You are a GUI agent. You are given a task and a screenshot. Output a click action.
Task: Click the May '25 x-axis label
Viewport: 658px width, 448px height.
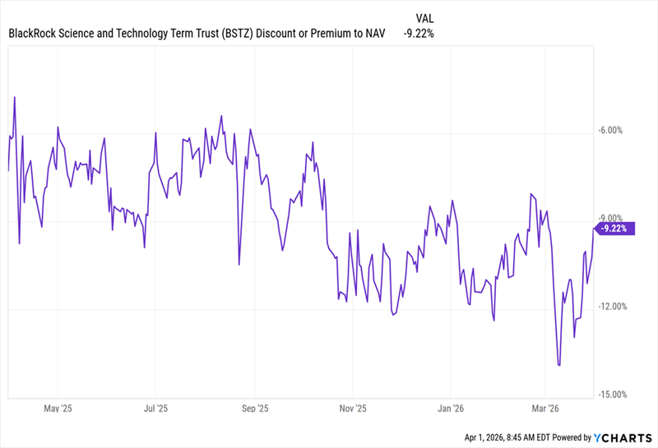[x=57, y=407]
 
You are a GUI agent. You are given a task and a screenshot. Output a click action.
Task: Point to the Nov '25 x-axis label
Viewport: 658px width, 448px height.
[x=353, y=407]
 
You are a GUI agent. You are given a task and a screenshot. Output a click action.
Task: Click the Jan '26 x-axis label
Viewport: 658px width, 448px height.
[x=452, y=407]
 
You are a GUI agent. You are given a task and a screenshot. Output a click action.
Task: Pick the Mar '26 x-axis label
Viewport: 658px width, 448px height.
[x=547, y=407]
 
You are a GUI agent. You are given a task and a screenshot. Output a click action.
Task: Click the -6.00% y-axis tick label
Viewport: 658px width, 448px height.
[x=613, y=130]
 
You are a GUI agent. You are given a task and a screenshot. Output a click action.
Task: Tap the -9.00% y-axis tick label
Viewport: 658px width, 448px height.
[x=613, y=218]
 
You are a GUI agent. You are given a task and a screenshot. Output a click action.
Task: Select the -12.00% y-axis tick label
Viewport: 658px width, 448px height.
[x=613, y=307]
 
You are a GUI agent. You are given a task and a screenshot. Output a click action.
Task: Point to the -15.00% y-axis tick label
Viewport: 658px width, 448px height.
[x=613, y=395]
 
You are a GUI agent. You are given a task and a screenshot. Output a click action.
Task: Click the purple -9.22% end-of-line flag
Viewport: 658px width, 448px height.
[x=615, y=229]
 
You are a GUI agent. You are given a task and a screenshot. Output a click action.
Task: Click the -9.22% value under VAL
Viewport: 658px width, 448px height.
[x=418, y=34]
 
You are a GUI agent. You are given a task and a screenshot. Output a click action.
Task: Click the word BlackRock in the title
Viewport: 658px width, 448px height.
[x=35, y=34]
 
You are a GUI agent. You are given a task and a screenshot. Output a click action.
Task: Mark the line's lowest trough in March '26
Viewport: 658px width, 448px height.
[x=559, y=365]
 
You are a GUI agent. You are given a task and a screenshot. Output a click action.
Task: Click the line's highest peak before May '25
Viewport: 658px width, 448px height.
[x=16, y=97]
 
